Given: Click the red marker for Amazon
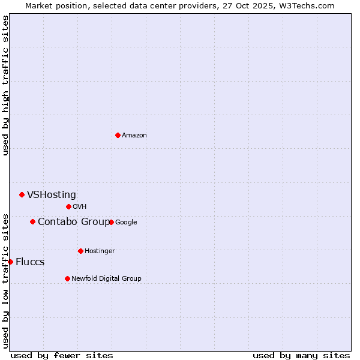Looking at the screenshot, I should click(x=118, y=135).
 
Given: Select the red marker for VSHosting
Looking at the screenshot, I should click(x=22, y=194).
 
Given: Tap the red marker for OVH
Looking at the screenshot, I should click(x=68, y=206).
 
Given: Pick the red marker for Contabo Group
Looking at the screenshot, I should click(x=32, y=221).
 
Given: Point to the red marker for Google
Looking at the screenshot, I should click(x=111, y=222).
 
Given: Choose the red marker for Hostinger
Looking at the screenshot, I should click(x=80, y=251).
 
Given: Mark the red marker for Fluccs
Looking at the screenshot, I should click(x=10, y=262).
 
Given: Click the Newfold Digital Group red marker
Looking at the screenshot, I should click(x=67, y=278).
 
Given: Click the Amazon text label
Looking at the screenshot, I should click(x=134, y=135).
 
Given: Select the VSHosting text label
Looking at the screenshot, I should click(x=52, y=194).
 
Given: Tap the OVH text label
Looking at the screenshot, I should click(x=80, y=206).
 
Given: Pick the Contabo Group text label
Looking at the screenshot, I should click(x=74, y=221).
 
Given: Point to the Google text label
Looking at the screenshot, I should click(x=126, y=222).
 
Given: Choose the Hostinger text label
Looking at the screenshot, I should click(x=100, y=251).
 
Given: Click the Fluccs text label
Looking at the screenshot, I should click(x=30, y=262).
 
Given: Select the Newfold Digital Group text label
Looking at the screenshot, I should click(x=106, y=278).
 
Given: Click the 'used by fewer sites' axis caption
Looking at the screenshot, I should click(x=62, y=355).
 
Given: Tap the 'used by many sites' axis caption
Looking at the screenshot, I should click(x=301, y=355).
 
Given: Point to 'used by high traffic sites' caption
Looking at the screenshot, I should click(x=5, y=85).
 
